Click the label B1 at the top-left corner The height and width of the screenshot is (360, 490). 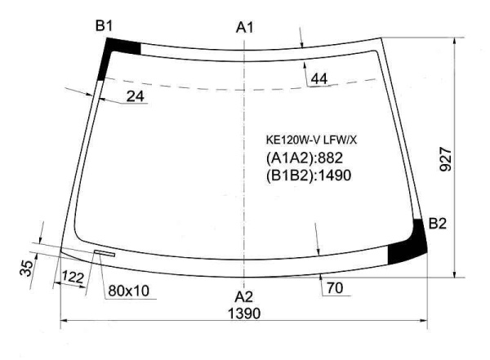[104, 25]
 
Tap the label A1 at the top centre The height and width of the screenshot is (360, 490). [245, 28]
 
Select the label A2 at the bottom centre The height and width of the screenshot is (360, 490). [243, 296]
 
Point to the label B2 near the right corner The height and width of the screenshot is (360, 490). [438, 224]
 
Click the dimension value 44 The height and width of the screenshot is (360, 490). [319, 78]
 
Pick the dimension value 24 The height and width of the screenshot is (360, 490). [135, 96]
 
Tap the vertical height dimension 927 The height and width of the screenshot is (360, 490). [446, 159]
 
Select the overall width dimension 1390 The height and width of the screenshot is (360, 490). [244, 313]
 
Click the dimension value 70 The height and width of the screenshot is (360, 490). [335, 288]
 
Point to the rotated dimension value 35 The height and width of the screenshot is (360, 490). [26, 268]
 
